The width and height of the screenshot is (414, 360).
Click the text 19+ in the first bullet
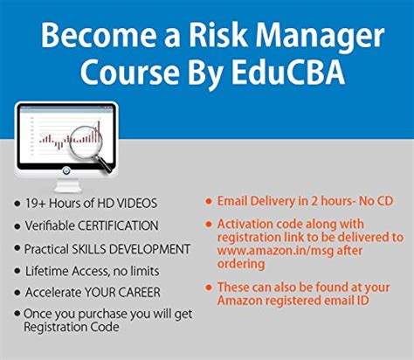click(38, 204)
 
